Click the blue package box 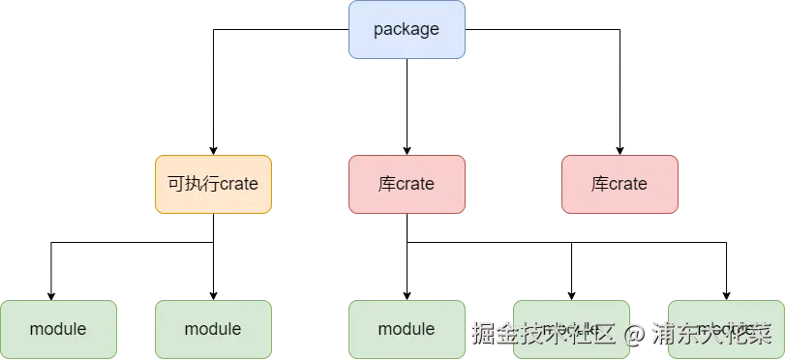click(x=407, y=30)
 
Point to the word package click(x=407, y=29)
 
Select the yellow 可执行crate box click(x=213, y=184)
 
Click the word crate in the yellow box click(x=239, y=184)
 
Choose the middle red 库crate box click(x=407, y=184)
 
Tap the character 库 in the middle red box click(x=386, y=184)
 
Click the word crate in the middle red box click(x=415, y=184)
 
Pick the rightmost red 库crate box click(x=619, y=184)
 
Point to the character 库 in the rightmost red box click(x=599, y=184)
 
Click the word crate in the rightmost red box click(x=628, y=184)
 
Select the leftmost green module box click(x=58, y=329)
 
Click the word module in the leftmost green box click(x=58, y=329)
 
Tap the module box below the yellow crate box click(x=213, y=329)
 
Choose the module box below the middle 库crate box click(x=407, y=329)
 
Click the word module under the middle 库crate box click(x=407, y=329)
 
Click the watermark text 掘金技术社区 click(x=543, y=334)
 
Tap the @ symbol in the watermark click(x=633, y=335)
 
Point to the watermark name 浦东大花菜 click(x=711, y=334)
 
